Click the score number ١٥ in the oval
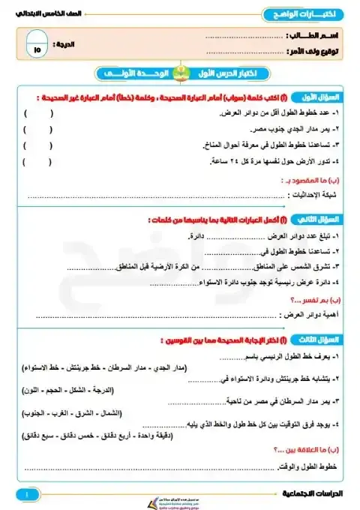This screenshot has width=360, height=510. click(38, 46)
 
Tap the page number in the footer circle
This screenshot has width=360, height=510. click(26, 495)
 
